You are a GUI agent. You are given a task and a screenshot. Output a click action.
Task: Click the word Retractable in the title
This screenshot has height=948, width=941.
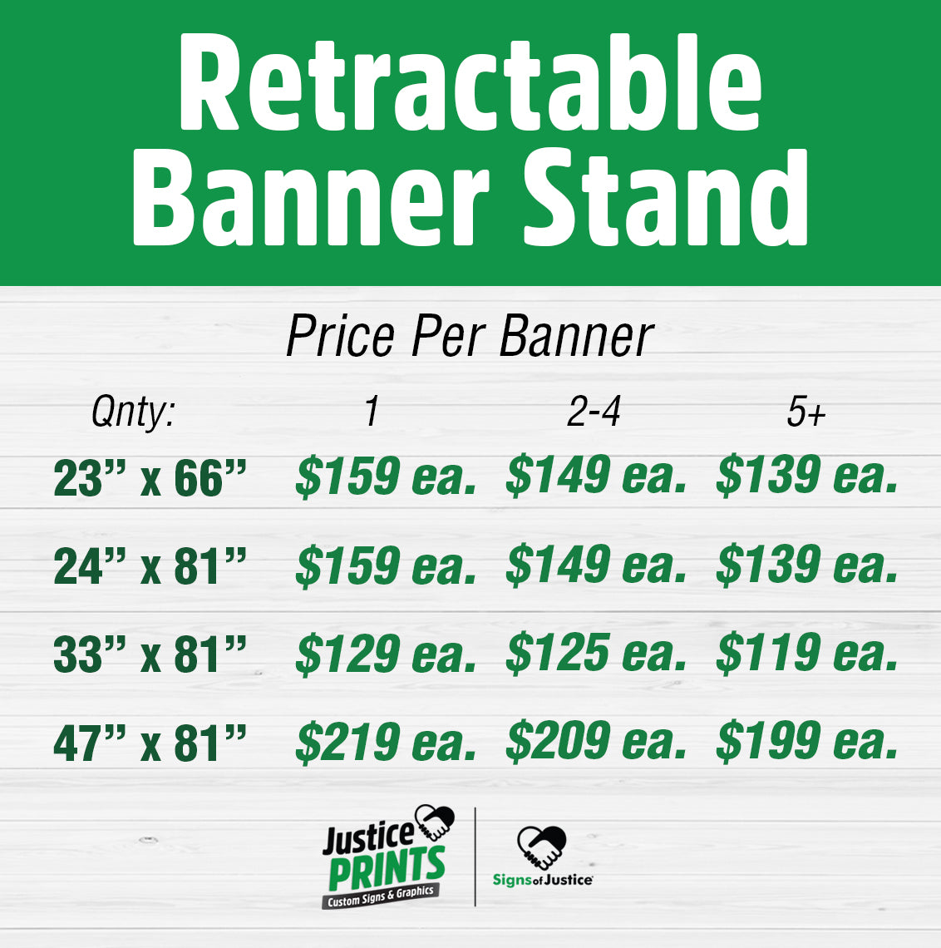point(470,83)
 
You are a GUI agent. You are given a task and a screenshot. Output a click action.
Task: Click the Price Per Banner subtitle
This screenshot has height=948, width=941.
point(470,337)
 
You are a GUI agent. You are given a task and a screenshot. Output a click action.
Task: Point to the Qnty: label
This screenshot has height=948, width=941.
point(133,412)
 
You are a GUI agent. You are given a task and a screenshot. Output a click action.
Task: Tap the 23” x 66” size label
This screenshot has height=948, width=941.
point(150,478)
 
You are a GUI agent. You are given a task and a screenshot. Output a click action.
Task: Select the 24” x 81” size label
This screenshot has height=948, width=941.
point(150,567)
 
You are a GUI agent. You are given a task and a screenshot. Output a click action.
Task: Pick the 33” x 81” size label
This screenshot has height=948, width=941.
point(150,655)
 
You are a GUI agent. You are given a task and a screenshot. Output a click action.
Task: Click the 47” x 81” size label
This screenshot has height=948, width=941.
point(150,743)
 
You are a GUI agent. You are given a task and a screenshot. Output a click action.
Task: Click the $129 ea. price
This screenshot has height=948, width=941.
point(386,654)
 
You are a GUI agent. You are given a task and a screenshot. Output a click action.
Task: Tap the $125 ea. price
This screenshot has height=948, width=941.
point(596,654)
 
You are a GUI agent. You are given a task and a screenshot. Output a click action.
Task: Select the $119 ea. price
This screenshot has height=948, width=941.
point(807,654)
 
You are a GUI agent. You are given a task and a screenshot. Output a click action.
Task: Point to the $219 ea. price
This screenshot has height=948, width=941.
point(386,743)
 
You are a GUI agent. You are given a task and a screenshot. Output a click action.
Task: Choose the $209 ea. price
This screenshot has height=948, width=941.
point(596,743)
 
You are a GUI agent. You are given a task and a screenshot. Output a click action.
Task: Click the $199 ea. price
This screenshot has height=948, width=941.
point(807,743)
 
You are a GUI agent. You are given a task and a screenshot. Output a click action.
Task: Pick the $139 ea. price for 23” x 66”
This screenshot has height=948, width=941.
point(807,476)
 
